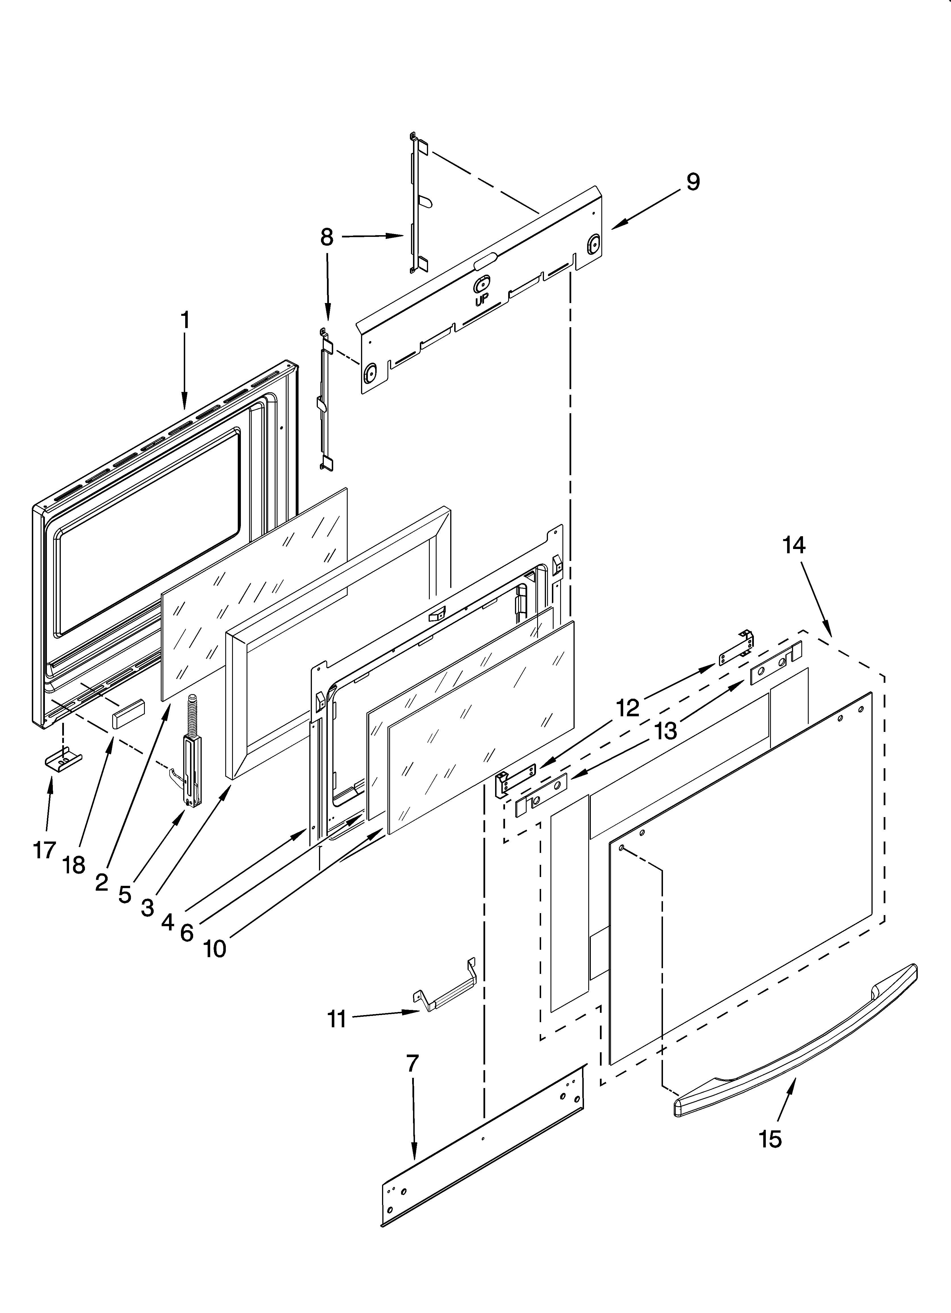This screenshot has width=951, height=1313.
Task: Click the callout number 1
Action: coord(185,320)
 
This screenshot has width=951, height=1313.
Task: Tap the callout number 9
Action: coord(693,182)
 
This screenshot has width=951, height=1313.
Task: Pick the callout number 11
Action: coord(337,1018)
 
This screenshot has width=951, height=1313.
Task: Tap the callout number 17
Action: coord(44,850)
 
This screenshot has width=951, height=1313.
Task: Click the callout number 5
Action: coord(124,895)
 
